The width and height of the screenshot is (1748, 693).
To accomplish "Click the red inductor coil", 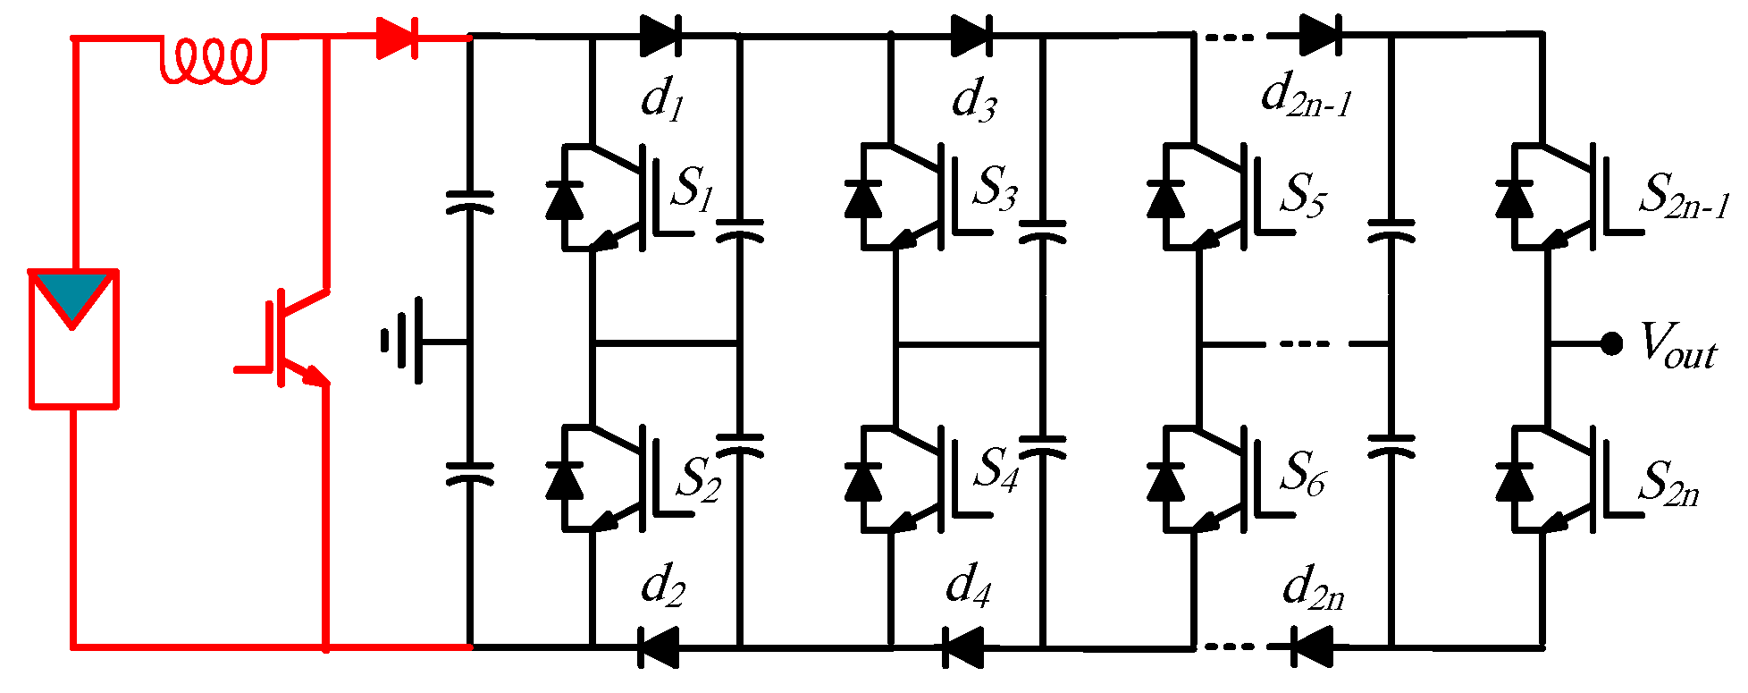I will [x=213, y=61].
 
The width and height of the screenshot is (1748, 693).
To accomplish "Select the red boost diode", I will [x=397, y=38].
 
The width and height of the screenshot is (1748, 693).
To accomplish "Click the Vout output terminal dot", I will [x=1611, y=343].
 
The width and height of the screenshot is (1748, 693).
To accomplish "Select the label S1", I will [x=693, y=189].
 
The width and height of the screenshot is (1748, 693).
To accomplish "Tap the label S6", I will [x=1302, y=473].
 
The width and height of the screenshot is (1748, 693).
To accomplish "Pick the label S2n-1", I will [x=1683, y=196].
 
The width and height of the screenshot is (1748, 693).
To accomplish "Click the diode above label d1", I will [x=660, y=37].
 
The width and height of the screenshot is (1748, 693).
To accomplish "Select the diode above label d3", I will [x=971, y=37].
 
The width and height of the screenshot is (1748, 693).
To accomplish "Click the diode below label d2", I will [x=659, y=647].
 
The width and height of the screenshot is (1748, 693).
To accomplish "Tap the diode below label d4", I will [x=964, y=647].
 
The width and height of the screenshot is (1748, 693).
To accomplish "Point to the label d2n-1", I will [x=1306, y=95].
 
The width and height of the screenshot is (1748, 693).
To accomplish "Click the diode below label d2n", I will [x=1313, y=647].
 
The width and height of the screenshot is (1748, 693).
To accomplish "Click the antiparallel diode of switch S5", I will [x=1165, y=199].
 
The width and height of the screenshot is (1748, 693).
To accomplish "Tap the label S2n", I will [x=1668, y=484].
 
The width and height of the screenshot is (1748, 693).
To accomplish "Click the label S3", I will [x=996, y=189].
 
